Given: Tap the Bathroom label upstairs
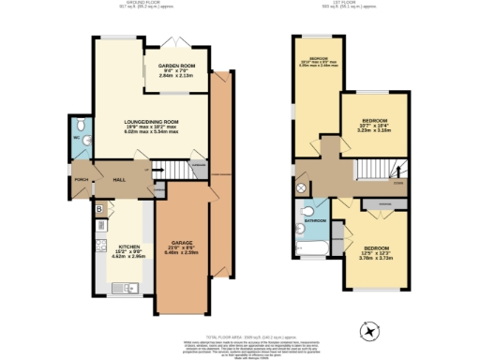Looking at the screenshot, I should [x=316, y=221].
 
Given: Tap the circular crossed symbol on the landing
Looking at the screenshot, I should [x=302, y=187].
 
